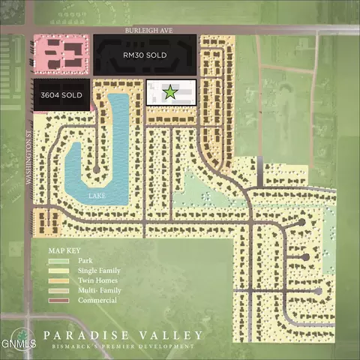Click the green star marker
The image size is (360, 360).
pyautogui.click(x=170, y=92)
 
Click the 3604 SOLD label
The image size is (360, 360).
pyautogui.click(x=62, y=95)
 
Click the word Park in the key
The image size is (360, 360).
pyautogui.click(x=84, y=260)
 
